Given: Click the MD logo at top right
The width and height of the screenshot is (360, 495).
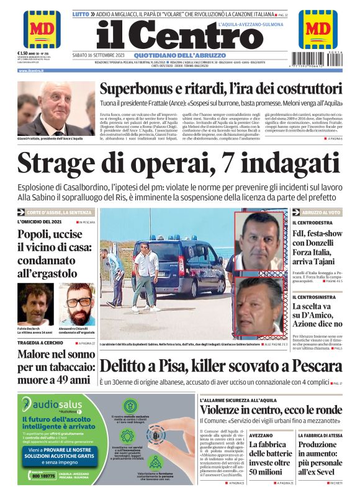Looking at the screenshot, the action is pyautogui.click(x=318, y=29).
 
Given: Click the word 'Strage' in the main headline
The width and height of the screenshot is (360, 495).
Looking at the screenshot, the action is pyautogui.click(x=62, y=163).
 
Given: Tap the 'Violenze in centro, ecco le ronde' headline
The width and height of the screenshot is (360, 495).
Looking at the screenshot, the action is pyautogui.click(x=271, y=411).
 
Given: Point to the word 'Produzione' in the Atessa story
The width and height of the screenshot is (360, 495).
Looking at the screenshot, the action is pyautogui.click(x=317, y=445).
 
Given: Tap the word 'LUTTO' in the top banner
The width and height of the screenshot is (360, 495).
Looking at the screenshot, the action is pyautogui.click(x=80, y=13).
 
